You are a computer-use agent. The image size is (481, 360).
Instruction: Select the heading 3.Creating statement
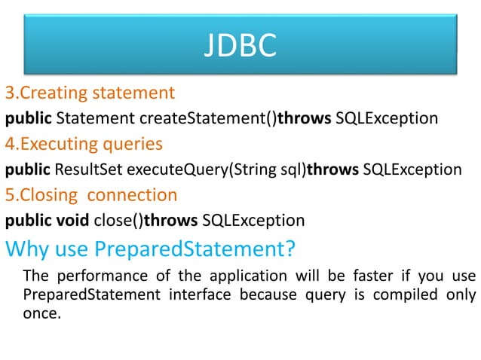point(90,93)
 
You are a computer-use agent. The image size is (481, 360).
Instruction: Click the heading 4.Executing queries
point(84,143)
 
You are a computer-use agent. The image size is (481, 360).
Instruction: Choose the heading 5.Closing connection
point(91,195)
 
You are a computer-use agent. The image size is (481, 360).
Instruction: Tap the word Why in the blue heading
point(28,247)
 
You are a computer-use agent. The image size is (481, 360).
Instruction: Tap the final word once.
point(41,312)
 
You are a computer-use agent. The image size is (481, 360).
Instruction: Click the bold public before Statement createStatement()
point(29,118)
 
